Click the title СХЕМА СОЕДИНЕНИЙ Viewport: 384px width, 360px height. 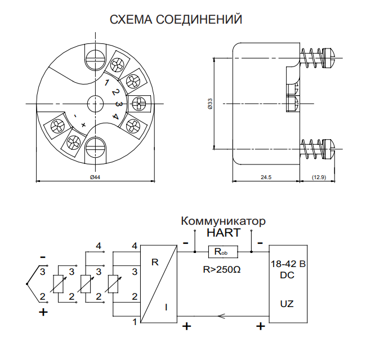coord(176,20)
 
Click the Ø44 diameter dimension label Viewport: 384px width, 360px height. coord(95,177)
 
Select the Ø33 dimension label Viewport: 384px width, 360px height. coord(210,104)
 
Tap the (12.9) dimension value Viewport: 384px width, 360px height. coord(319,177)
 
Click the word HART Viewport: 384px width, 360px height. coord(224,232)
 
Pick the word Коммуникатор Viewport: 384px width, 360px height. coord(223,220)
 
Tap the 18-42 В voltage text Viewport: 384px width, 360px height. coord(288,264)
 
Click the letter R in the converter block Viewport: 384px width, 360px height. coord(155,262)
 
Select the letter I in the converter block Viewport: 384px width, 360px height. coord(166,307)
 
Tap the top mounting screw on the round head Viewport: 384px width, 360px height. coord(95,57)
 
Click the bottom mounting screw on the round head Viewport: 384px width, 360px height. coord(95,150)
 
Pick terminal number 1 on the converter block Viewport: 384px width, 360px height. coord(135,322)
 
